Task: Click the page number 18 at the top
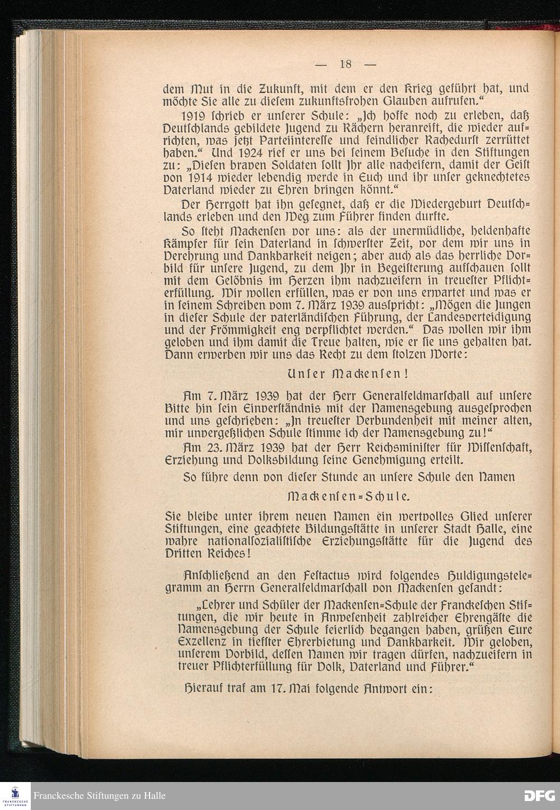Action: click(x=345, y=64)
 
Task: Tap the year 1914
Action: click(x=195, y=178)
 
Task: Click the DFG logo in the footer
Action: click(x=539, y=795)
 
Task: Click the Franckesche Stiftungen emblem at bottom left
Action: click(x=16, y=795)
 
